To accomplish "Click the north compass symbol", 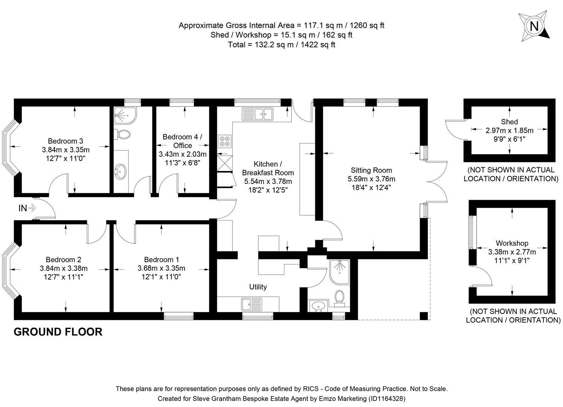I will [534, 26].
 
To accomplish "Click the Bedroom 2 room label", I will [63, 260].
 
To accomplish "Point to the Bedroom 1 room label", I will [162, 260].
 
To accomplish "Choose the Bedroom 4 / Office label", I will [183, 141].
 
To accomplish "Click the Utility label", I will [258, 287].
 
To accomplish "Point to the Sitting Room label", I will [371, 170].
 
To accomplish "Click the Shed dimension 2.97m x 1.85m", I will [509, 130].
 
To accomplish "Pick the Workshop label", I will [512, 243].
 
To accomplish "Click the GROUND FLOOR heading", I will [58, 332].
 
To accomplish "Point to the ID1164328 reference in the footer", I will [386, 398].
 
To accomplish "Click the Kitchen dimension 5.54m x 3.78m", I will [268, 181].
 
